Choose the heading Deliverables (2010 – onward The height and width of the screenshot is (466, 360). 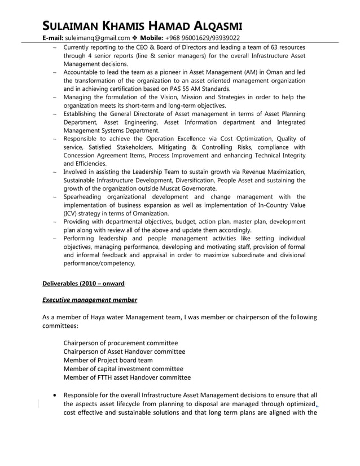point(84,283)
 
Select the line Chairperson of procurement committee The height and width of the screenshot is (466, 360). point(120,343)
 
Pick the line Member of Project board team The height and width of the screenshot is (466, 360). point(108,360)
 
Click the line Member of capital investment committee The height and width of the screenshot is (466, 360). point(123,369)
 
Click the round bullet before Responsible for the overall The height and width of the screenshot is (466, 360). point(53,395)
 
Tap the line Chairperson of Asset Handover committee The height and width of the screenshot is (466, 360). point(124,351)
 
